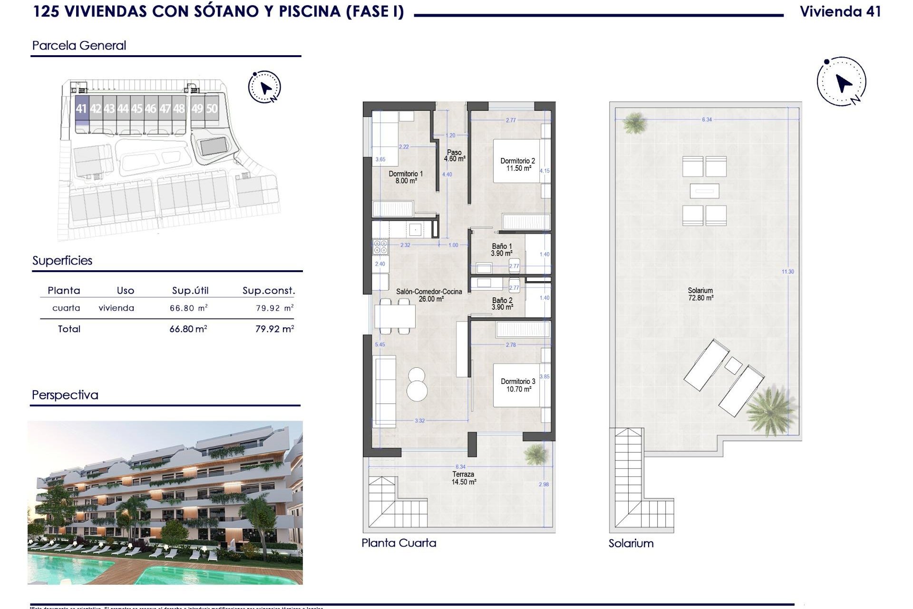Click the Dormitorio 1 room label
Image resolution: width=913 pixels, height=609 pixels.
[406, 177]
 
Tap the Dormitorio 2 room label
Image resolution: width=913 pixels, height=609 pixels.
[517, 165]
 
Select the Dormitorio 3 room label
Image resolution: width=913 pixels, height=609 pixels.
[518, 385]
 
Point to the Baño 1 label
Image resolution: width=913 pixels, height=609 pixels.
[502, 250]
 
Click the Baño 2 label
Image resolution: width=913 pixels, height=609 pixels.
[502, 304]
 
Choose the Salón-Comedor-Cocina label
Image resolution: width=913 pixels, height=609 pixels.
[429, 295]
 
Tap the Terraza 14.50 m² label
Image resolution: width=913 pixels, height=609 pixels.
[464, 478]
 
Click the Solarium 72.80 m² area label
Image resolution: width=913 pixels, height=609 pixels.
[700, 294]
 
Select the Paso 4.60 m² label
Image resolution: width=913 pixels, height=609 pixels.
[454, 156]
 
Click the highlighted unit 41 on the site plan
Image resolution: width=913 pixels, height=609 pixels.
[81, 109]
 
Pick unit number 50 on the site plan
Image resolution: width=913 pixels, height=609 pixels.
[212, 109]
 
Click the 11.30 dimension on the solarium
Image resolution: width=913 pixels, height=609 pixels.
[787, 272]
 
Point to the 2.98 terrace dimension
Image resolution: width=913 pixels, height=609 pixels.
[544, 484]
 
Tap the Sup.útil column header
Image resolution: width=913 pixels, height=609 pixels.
[190, 291]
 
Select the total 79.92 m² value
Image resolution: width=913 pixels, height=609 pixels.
[274, 329]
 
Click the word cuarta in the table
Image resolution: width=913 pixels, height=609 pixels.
[66, 308]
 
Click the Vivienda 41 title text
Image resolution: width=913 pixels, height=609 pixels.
[840, 12]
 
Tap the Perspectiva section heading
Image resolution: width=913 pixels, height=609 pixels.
[65, 395]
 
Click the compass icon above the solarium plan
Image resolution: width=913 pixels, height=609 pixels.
[842, 81]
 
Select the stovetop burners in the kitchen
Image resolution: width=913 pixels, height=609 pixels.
[380, 246]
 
